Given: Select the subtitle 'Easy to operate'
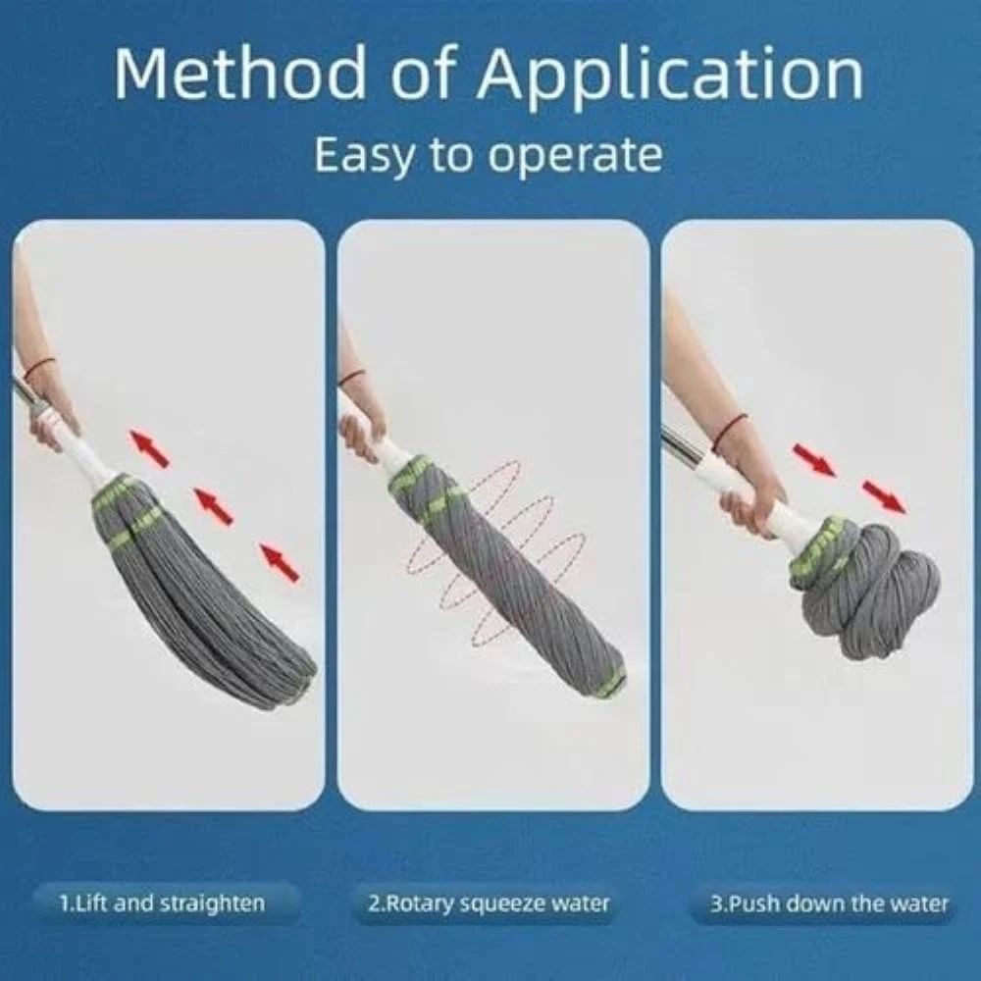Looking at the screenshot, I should (488, 154).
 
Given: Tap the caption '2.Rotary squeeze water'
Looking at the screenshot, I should (488, 903).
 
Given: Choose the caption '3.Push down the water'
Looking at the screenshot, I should (829, 903).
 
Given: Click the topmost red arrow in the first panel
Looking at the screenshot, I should (149, 446).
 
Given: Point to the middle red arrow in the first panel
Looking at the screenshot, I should (213, 505).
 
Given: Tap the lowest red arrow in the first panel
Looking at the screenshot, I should (279, 561).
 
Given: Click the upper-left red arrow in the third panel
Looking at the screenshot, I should (814, 459).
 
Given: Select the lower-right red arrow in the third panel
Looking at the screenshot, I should (883, 496).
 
